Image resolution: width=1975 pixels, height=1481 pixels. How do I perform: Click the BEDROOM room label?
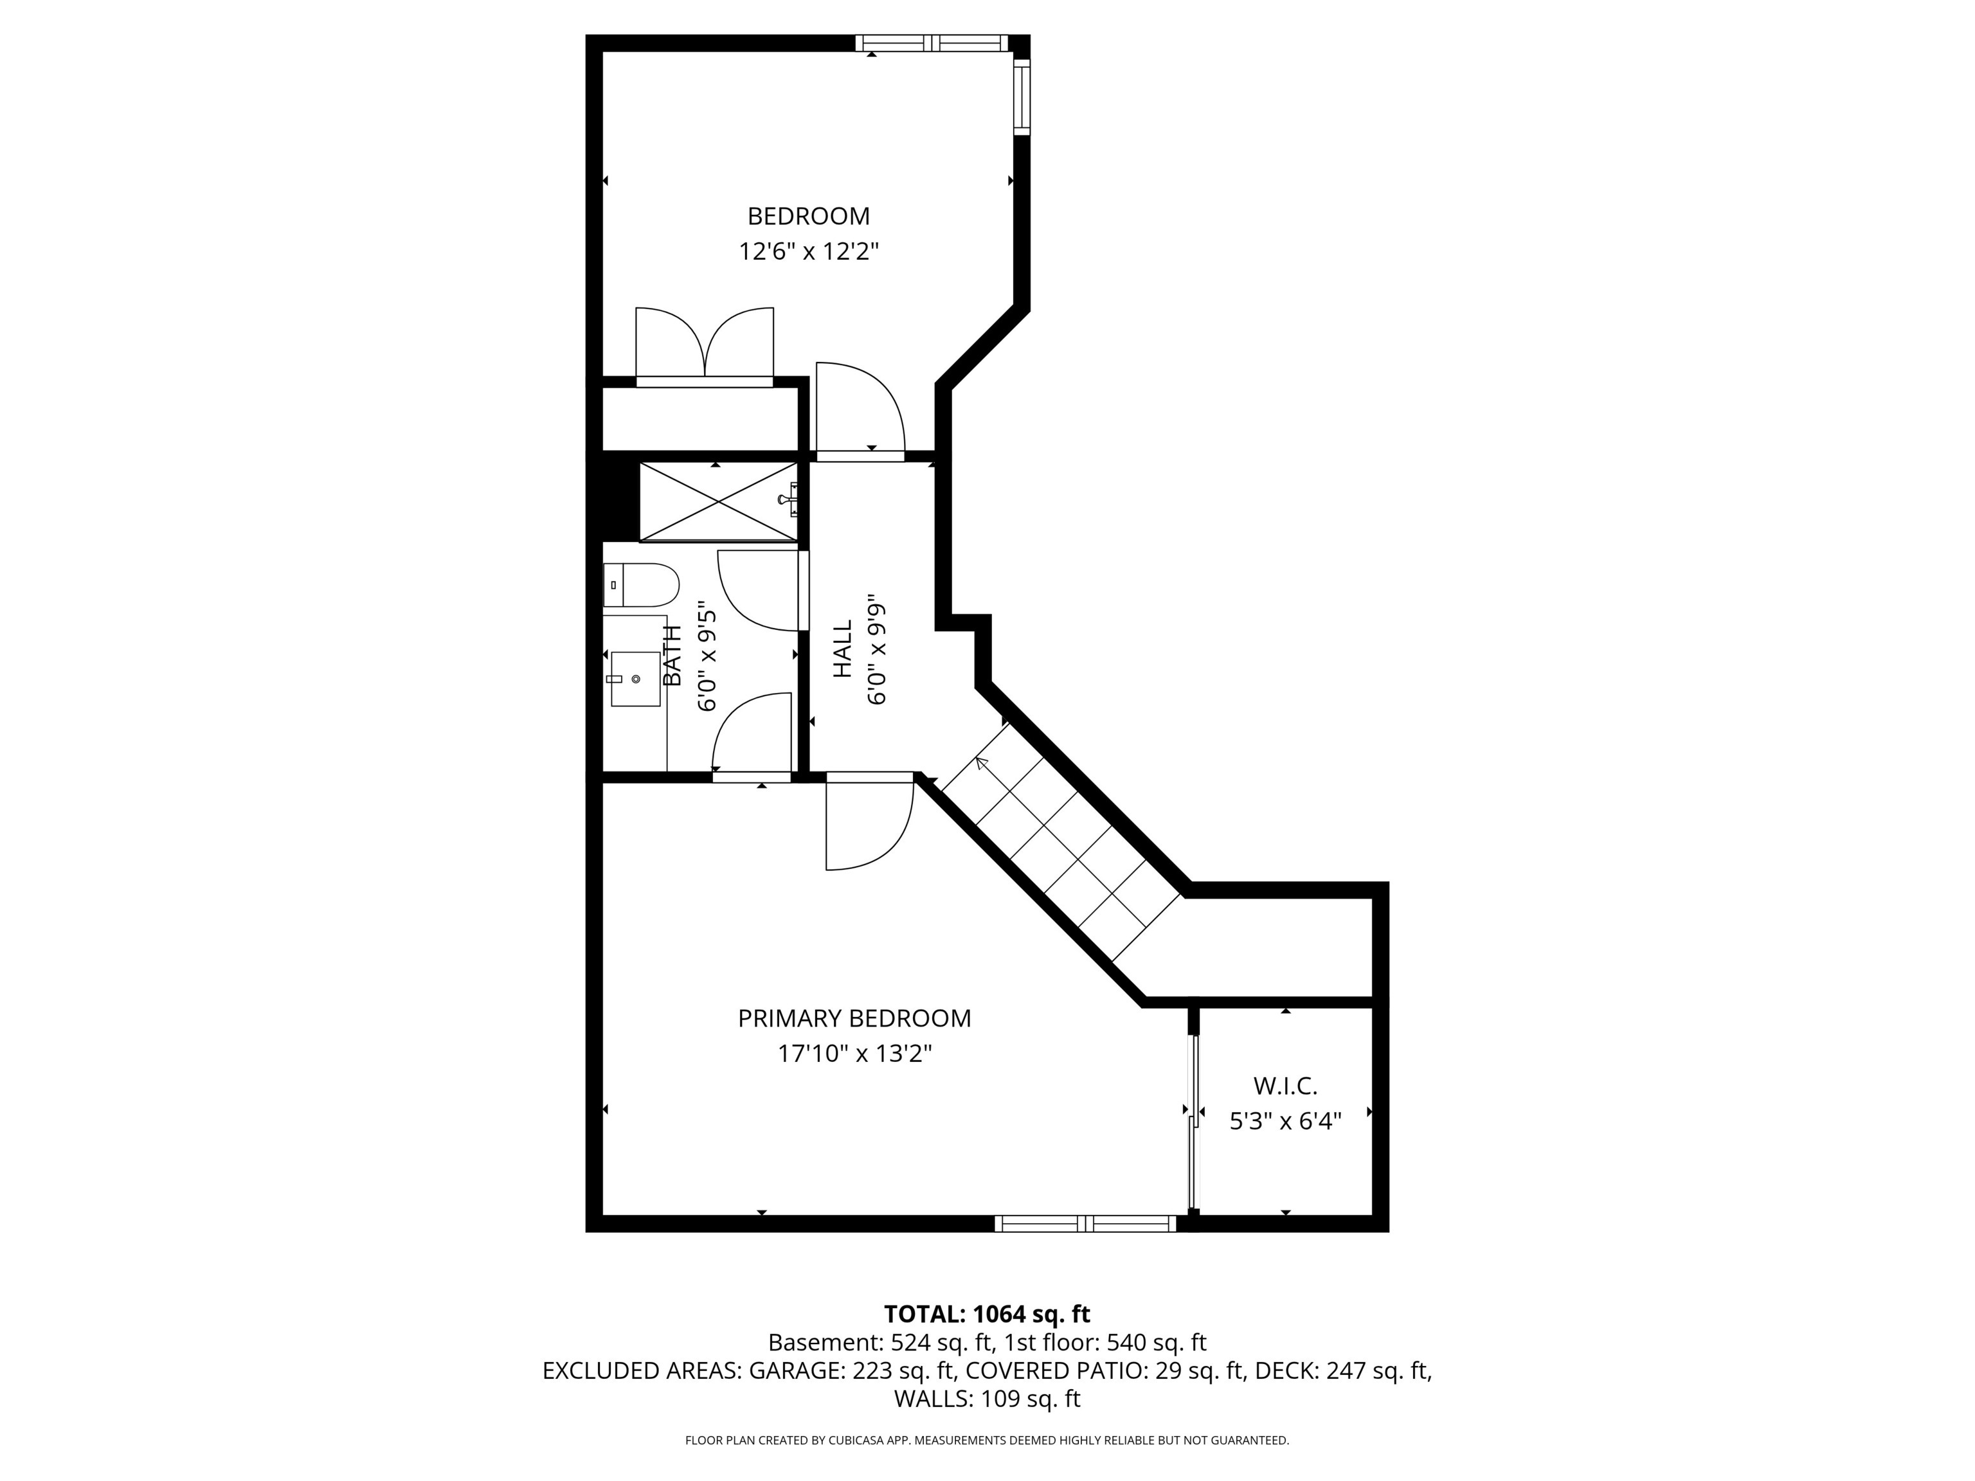pos(808,216)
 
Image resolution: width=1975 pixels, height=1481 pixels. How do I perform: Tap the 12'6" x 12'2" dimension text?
pos(808,252)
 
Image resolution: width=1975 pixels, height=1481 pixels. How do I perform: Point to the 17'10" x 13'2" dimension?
pos(854,1054)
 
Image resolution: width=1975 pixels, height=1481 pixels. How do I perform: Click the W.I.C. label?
pos(1285,1086)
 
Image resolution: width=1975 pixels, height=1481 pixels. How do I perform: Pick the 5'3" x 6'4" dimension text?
pos(1285,1120)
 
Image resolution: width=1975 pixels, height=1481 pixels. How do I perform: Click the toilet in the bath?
pos(641,586)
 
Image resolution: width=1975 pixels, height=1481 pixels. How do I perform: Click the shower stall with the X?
pos(718,501)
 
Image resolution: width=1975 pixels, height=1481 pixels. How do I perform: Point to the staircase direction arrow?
pos(982,763)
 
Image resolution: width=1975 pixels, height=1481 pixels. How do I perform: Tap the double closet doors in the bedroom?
pos(705,346)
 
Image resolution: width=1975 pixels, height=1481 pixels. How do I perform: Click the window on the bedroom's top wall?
pos(932,43)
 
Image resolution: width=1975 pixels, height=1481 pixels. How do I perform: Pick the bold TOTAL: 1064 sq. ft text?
pos(987,1314)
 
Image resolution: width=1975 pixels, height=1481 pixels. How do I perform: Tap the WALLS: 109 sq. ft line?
pos(987,1398)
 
